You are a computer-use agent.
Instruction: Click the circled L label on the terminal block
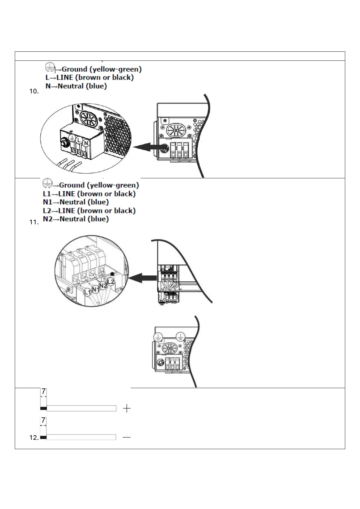point(79,141)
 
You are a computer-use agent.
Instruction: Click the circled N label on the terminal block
point(86,143)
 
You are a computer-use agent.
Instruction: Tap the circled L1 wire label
point(87,292)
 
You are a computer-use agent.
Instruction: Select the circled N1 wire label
point(96,289)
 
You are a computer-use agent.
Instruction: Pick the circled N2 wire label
point(103,285)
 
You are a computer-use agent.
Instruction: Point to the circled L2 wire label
point(111,282)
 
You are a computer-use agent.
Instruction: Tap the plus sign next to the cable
point(127,409)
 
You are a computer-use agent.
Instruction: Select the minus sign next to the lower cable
point(127,437)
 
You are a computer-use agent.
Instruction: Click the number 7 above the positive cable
point(44,392)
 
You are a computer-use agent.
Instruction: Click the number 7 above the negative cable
point(43,420)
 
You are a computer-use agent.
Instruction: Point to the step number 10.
point(34,92)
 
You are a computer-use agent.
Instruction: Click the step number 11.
point(34,223)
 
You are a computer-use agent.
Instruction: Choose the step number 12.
point(34,437)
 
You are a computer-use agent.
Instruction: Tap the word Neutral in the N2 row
point(73,219)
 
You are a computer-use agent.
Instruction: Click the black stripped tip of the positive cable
point(43,409)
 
